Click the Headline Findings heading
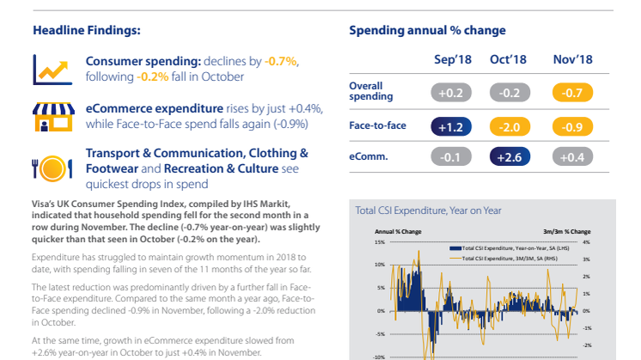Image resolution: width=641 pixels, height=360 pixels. point(87,31)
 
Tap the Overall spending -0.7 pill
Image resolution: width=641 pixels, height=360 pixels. point(567,92)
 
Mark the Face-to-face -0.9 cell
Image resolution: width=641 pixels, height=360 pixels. point(567,126)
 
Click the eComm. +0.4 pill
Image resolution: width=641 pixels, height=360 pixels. point(567,157)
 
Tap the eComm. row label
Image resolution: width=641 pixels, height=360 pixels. point(369,157)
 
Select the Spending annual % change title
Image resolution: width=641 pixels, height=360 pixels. point(427,31)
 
